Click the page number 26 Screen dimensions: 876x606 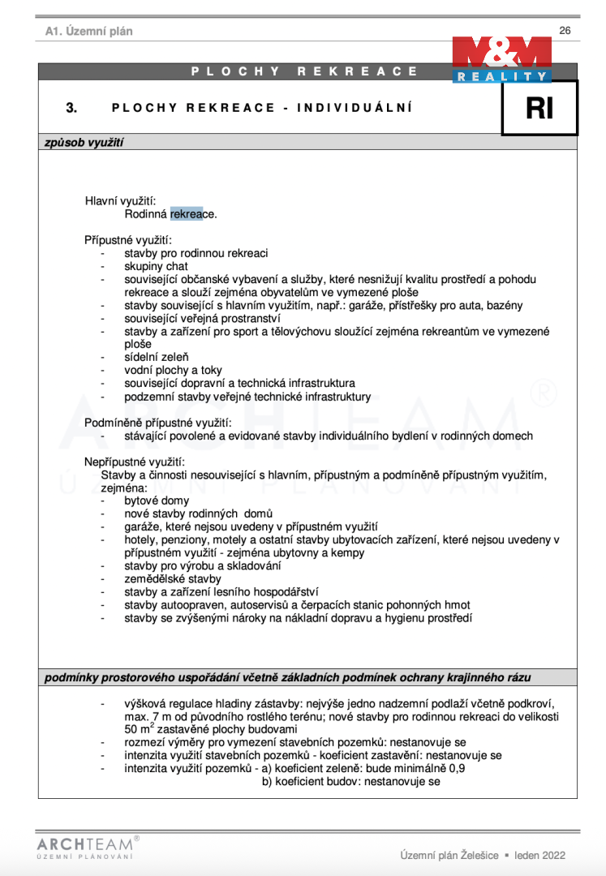(565, 30)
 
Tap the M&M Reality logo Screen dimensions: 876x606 (502, 59)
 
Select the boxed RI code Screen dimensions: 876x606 (539, 108)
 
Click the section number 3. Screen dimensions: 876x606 (71, 107)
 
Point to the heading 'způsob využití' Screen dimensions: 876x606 (84, 142)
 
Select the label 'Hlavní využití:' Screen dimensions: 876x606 (121, 200)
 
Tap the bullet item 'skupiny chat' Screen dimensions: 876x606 (156, 266)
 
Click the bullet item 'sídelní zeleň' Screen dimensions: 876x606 (157, 357)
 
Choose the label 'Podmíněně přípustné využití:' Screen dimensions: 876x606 (158, 422)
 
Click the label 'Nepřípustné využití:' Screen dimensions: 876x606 (135, 462)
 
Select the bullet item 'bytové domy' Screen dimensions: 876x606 (157, 500)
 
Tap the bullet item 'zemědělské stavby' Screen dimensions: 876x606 (172, 578)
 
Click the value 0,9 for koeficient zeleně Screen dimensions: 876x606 (457, 768)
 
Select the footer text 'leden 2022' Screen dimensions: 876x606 (539, 855)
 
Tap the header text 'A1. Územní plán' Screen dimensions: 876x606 (89, 31)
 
